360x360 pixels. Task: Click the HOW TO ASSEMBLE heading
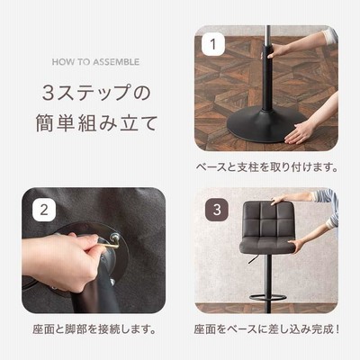pos(95,62)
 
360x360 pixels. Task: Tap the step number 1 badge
pos(213,44)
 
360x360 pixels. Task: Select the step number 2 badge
pos(44,210)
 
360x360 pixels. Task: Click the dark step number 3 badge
pos(217,210)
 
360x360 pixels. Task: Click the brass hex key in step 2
pos(109,242)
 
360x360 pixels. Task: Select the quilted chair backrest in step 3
pos(267,220)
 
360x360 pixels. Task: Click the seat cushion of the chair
pos(267,246)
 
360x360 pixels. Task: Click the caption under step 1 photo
pos(266,167)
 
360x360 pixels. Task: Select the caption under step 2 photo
pos(94,329)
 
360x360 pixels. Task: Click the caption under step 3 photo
pos(266,329)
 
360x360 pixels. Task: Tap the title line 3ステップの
pos(96,93)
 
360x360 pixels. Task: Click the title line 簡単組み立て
pos(96,123)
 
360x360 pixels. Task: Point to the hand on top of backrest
pos(280,200)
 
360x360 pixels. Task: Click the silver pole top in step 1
pos(268,35)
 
